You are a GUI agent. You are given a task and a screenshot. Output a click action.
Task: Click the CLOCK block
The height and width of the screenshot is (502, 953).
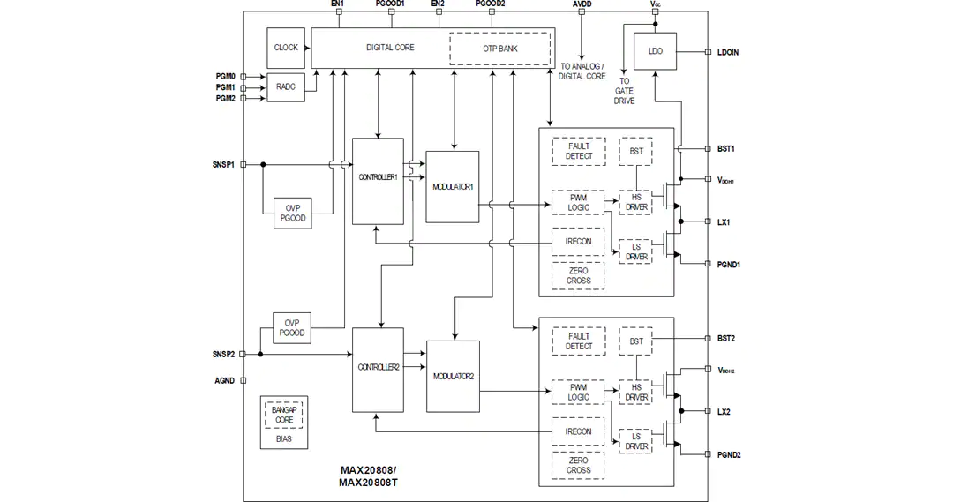pyautogui.click(x=286, y=48)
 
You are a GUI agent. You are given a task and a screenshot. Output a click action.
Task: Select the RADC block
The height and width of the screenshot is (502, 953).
pyautogui.click(x=286, y=87)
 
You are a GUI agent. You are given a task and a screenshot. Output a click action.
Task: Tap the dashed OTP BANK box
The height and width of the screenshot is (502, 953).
pyautogui.click(x=499, y=49)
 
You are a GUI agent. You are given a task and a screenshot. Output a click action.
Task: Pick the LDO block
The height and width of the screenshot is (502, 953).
pyautogui.click(x=655, y=51)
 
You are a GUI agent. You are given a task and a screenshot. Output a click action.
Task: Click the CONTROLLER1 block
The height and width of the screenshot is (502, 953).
pyautogui.click(x=378, y=181)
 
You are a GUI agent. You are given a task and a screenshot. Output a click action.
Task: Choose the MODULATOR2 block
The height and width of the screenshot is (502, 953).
pyautogui.click(x=453, y=376)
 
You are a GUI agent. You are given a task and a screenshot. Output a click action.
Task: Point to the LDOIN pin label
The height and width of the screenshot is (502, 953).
pyautogui.click(x=727, y=52)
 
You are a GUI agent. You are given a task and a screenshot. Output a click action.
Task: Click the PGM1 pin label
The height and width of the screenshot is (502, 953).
pyautogui.click(x=226, y=87)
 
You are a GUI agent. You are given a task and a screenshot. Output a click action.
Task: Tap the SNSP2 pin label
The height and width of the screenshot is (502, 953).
pyautogui.click(x=223, y=355)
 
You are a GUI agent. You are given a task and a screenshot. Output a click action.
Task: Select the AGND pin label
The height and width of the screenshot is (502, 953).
pyautogui.click(x=224, y=381)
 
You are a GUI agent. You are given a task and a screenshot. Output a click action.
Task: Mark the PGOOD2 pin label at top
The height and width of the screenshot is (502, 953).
pyautogui.click(x=491, y=4)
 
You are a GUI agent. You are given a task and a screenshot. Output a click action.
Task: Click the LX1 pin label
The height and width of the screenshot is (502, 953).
pyautogui.click(x=724, y=221)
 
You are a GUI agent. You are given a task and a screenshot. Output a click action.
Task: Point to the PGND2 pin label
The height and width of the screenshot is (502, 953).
pyautogui.click(x=729, y=454)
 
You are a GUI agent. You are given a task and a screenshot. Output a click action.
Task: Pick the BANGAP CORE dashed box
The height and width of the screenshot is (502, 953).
pyautogui.click(x=284, y=415)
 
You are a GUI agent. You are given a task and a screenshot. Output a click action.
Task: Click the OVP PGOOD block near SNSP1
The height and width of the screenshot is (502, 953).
pyautogui.click(x=293, y=214)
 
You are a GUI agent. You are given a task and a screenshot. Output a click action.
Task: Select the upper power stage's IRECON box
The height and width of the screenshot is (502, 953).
pyautogui.click(x=577, y=241)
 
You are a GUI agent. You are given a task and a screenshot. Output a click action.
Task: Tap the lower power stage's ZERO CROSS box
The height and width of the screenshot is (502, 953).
pyautogui.click(x=578, y=466)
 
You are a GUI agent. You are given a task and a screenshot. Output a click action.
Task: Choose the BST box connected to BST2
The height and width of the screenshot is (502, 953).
pyautogui.click(x=635, y=341)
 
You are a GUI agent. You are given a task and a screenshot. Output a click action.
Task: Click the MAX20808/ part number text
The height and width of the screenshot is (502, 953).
pyautogui.click(x=368, y=470)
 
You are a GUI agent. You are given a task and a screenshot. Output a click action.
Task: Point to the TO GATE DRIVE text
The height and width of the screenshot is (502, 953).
pyautogui.click(x=624, y=91)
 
